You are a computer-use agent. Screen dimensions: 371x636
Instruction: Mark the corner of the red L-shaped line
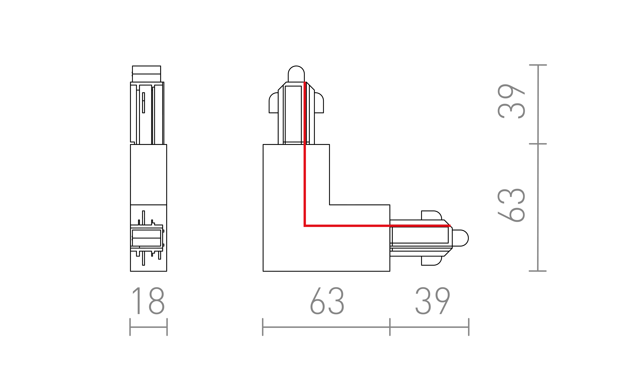(305, 226)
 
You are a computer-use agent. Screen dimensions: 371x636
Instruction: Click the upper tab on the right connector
(431, 215)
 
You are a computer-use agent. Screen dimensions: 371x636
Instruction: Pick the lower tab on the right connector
(431, 261)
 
